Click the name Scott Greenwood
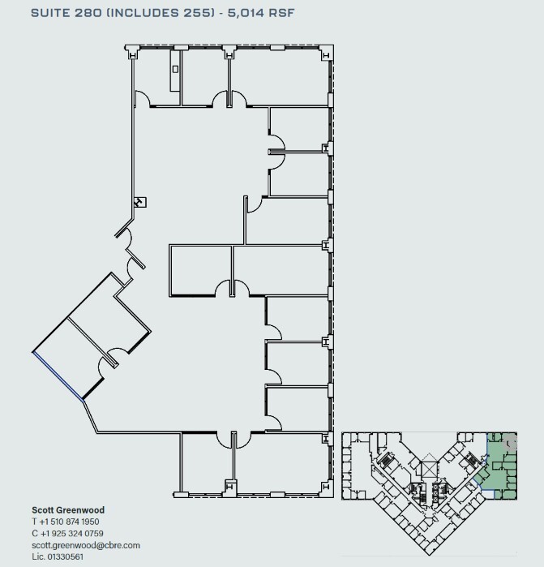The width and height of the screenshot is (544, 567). click(67, 510)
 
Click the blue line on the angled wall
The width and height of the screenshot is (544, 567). click(58, 376)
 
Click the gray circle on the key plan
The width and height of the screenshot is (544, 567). click(511, 444)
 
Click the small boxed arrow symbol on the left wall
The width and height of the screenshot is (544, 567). click(139, 201)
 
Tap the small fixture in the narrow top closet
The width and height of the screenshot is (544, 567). click(174, 70)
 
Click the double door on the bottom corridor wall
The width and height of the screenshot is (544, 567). click(233, 439)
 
